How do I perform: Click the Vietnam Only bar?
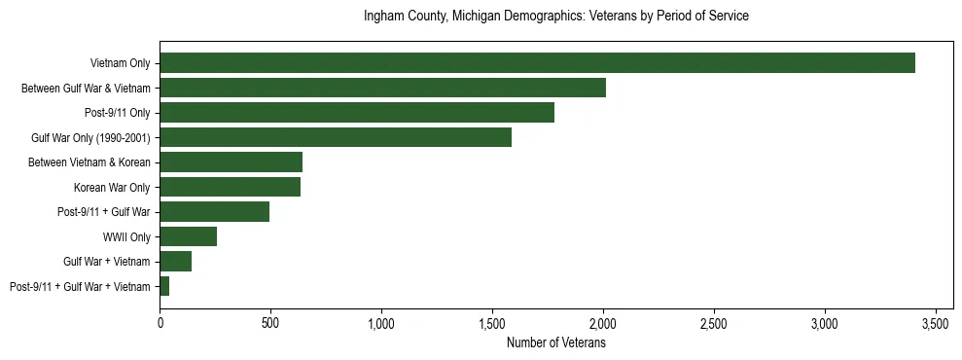(x=537, y=63)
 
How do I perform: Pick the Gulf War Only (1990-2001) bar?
(x=336, y=137)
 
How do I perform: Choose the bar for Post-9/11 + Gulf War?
(x=214, y=212)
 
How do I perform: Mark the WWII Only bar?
(x=188, y=236)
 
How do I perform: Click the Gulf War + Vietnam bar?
(x=175, y=262)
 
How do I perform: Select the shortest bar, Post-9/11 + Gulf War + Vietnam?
(x=164, y=286)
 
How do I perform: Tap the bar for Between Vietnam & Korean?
(x=231, y=162)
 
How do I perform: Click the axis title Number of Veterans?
(x=556, y=342)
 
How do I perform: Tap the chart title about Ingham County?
(x=555, y=17)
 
